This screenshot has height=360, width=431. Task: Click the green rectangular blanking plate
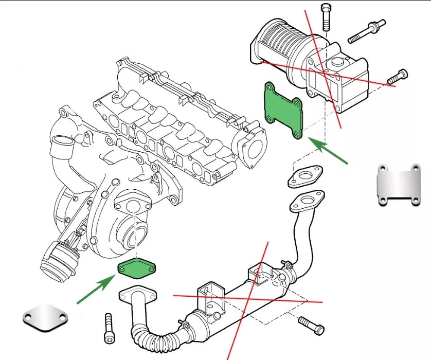pyautogui.click(x=284, y=111)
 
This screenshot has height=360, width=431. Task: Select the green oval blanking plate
pyautogui.click(x=136, y=268)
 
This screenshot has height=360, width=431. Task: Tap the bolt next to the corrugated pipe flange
pyautogui.click(x=109, y=328)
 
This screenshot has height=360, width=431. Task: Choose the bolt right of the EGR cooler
pyautogui.click(x=311, y=323)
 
